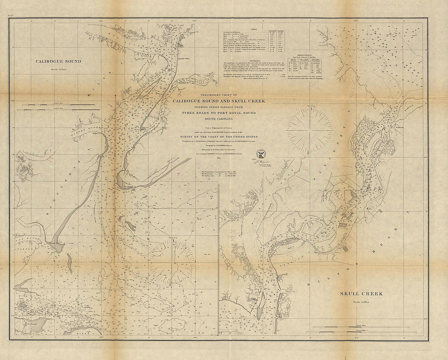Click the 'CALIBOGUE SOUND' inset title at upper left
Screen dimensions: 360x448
pyautogui.click(x=58, y=62)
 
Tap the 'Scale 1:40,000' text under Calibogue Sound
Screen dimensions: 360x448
pyautogui.click(x=58, y=68)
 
